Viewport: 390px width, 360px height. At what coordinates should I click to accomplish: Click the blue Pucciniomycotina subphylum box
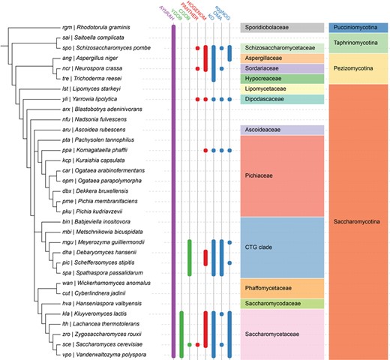point(358,28)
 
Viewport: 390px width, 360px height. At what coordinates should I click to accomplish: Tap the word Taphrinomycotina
point(358,43)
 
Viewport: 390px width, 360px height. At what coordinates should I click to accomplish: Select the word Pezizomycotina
point(358,68)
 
